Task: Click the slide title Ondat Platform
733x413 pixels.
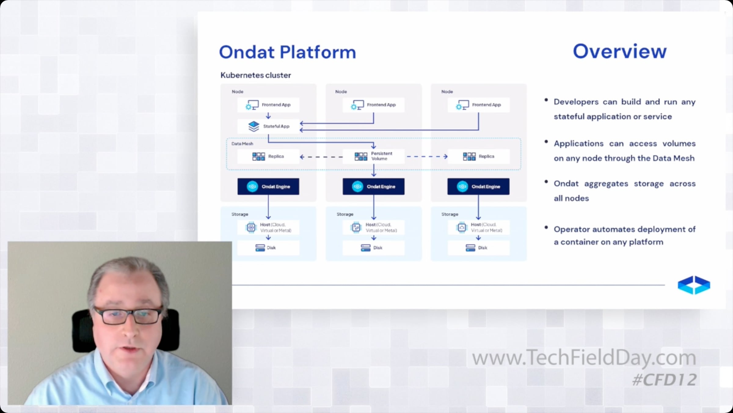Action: tap(287, 52)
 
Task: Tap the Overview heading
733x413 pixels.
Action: tap(620, 51)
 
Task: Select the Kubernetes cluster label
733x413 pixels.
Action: tap(256, 75)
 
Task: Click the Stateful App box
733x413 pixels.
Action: tap(268, 126)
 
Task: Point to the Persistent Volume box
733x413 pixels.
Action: tap(374, 156)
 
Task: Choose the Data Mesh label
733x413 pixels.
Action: tap(242, 144)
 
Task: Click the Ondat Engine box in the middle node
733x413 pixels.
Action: tap(374, 186)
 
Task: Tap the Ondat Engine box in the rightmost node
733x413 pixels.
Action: tap(478, 186)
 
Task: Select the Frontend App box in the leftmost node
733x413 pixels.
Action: tap(268, 105)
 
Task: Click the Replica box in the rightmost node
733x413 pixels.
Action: tap(479, 156)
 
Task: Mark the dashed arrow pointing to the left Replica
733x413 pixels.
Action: tap(321, 157)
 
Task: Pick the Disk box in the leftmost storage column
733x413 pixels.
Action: tap(268, 248)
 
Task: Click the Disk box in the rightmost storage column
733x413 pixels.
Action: tap(479, 248)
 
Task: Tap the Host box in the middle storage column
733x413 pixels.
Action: tap(374, 227)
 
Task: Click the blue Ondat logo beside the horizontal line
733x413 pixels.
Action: tap(694, 285)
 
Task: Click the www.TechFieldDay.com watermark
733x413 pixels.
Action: tap(584, 357)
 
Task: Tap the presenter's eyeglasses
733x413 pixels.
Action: tap(128, 315)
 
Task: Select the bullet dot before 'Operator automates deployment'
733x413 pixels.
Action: tap(546, 227)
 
